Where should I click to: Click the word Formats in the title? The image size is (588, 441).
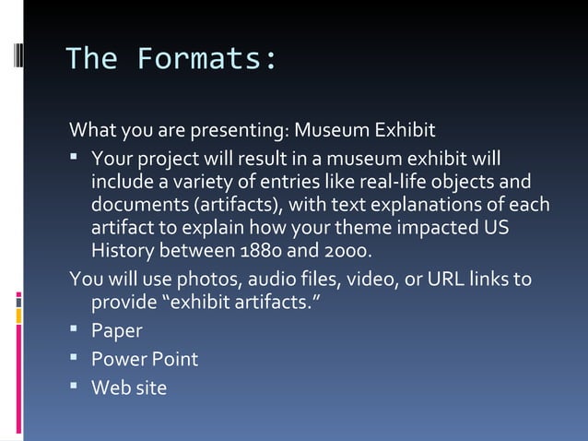point(206,59)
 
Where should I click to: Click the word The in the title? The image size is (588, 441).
point(91,59)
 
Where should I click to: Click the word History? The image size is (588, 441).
point(126,251)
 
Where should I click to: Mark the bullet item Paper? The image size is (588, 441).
point(116,330)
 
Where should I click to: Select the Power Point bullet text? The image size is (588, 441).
point(145,359)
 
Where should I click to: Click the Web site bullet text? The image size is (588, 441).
point(129,387)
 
